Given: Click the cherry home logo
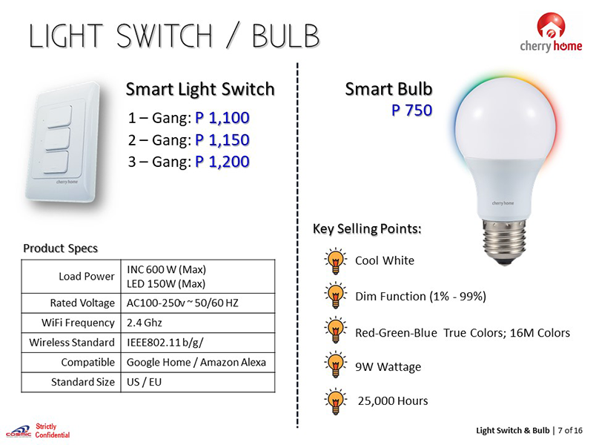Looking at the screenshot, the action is (551, 33).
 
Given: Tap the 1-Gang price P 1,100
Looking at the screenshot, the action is (222, 118).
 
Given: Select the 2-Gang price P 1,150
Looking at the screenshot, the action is (222, 140).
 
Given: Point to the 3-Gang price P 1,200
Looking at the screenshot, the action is (222, 162).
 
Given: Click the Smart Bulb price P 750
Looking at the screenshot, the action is (411, 110).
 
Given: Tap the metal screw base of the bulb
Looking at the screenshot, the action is (504, 242).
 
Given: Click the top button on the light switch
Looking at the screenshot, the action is (59, 116).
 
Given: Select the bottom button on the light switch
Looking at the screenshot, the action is (57, 162).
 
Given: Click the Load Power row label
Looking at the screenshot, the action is (87, 277).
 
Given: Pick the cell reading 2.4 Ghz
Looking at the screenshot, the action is (144, 323).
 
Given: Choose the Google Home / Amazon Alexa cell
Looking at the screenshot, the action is (196, 363).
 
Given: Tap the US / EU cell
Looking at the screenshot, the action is (144, 382).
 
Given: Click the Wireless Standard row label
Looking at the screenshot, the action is (72, 343).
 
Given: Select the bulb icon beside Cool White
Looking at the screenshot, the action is (335, 261).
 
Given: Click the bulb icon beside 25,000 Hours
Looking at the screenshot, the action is (335, 401).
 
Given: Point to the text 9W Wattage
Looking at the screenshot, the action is (388, 366).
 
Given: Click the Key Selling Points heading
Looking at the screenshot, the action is (367, 229).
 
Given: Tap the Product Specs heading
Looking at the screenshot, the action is (61, 248).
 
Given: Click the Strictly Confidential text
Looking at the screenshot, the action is (53, 431).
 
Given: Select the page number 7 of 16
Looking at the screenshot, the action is (570, 430).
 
